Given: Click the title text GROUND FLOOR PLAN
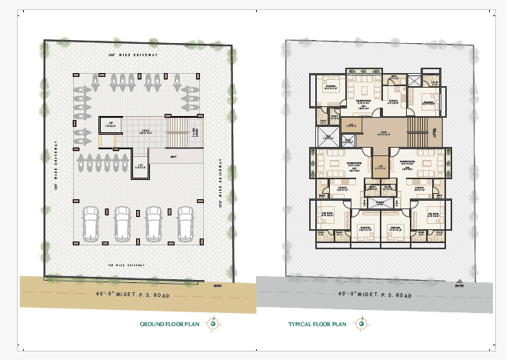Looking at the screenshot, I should (x=169, y=325).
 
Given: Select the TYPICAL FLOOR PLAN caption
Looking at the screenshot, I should (x=318, y=325).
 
